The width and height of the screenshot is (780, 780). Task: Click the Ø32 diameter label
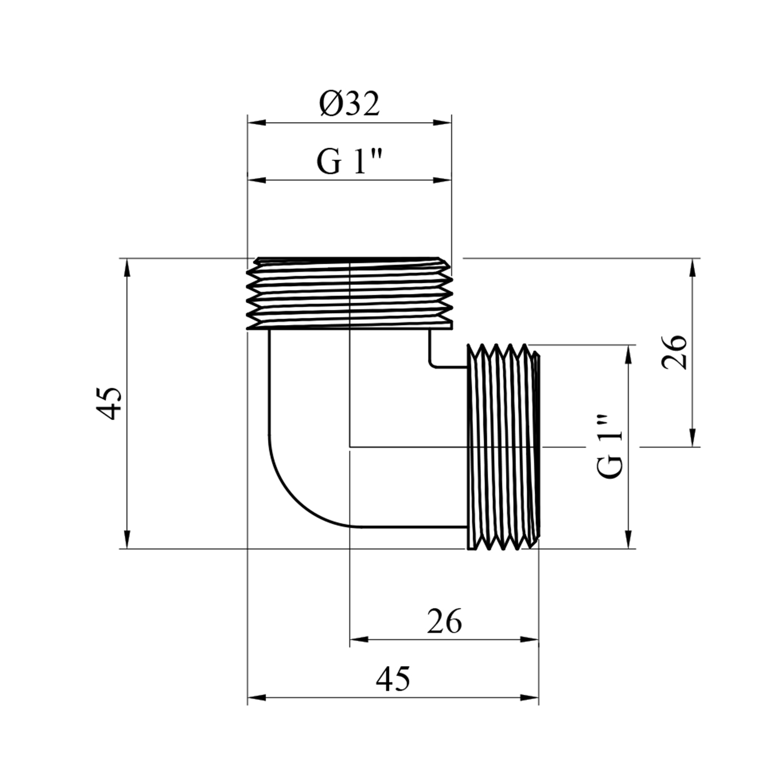click(349, 105)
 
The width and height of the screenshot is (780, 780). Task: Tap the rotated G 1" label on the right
click(609, 446)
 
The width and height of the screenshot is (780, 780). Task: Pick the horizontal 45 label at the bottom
click(393, 679)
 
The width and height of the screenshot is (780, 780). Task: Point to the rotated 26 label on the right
click(674, 352)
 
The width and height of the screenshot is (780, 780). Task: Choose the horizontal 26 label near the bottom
click(445, 621)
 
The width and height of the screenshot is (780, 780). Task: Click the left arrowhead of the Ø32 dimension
click(256, 123)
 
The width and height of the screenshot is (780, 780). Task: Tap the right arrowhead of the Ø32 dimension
click(443, 123)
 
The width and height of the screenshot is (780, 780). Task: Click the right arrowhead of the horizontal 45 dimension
click(530, 697)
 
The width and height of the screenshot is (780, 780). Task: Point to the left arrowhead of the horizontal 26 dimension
click(359, 639)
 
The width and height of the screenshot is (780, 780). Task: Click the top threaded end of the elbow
click(349, 294)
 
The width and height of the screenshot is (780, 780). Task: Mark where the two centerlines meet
click(350, 446)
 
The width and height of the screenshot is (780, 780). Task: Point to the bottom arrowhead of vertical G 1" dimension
click(629, 540)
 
